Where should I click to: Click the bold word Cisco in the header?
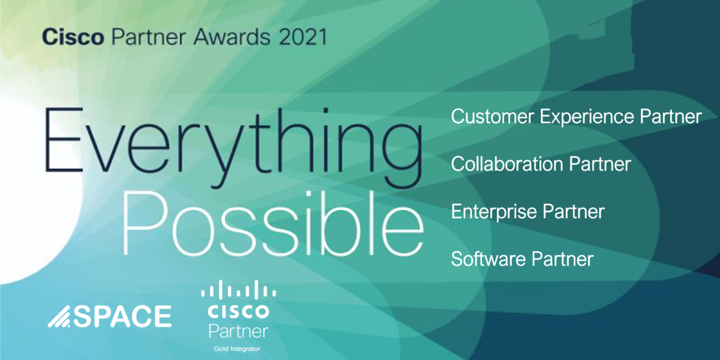(x=73, y=37)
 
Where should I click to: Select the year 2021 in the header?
(x=303, y=37)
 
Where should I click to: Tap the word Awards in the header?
(x=232, y=37)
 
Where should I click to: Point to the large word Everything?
(x=233, y=148)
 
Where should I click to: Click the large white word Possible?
(x=273, y=224)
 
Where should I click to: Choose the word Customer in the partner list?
(x=492, y=116)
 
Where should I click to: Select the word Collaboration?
(x=507, y=164)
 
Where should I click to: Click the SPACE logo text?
(x=123, y=317)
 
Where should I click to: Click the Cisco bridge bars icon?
(x=239, y=289)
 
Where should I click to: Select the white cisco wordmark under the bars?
(x=239, y=311)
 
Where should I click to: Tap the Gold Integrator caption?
(x=237, y=349)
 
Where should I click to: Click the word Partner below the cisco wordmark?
(x=239, y=331)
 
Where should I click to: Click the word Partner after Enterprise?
(x=574, y=212)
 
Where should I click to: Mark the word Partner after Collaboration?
(x=600, y=164)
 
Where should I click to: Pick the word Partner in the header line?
(x=149, y=37)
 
